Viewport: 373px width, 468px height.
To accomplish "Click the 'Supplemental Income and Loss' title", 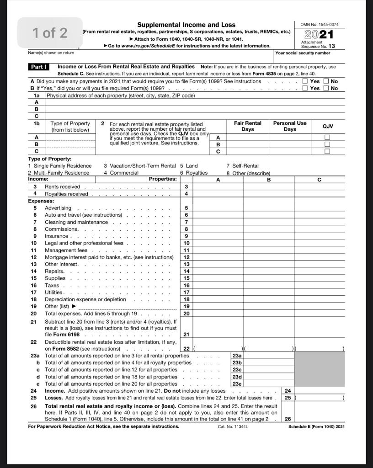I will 186,25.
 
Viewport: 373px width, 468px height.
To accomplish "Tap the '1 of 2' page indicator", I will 50,33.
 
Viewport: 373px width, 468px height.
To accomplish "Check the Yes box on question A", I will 306,81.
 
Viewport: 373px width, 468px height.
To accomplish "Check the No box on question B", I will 326,88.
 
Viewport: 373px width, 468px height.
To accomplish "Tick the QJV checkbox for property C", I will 327,151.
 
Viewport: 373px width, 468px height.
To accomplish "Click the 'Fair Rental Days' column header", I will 247,126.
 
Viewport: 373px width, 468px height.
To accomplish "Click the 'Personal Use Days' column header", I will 290,126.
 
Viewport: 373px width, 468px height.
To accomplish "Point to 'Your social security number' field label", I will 303,53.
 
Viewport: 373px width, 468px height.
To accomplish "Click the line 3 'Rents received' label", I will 62,186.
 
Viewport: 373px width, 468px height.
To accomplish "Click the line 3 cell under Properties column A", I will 218,186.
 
